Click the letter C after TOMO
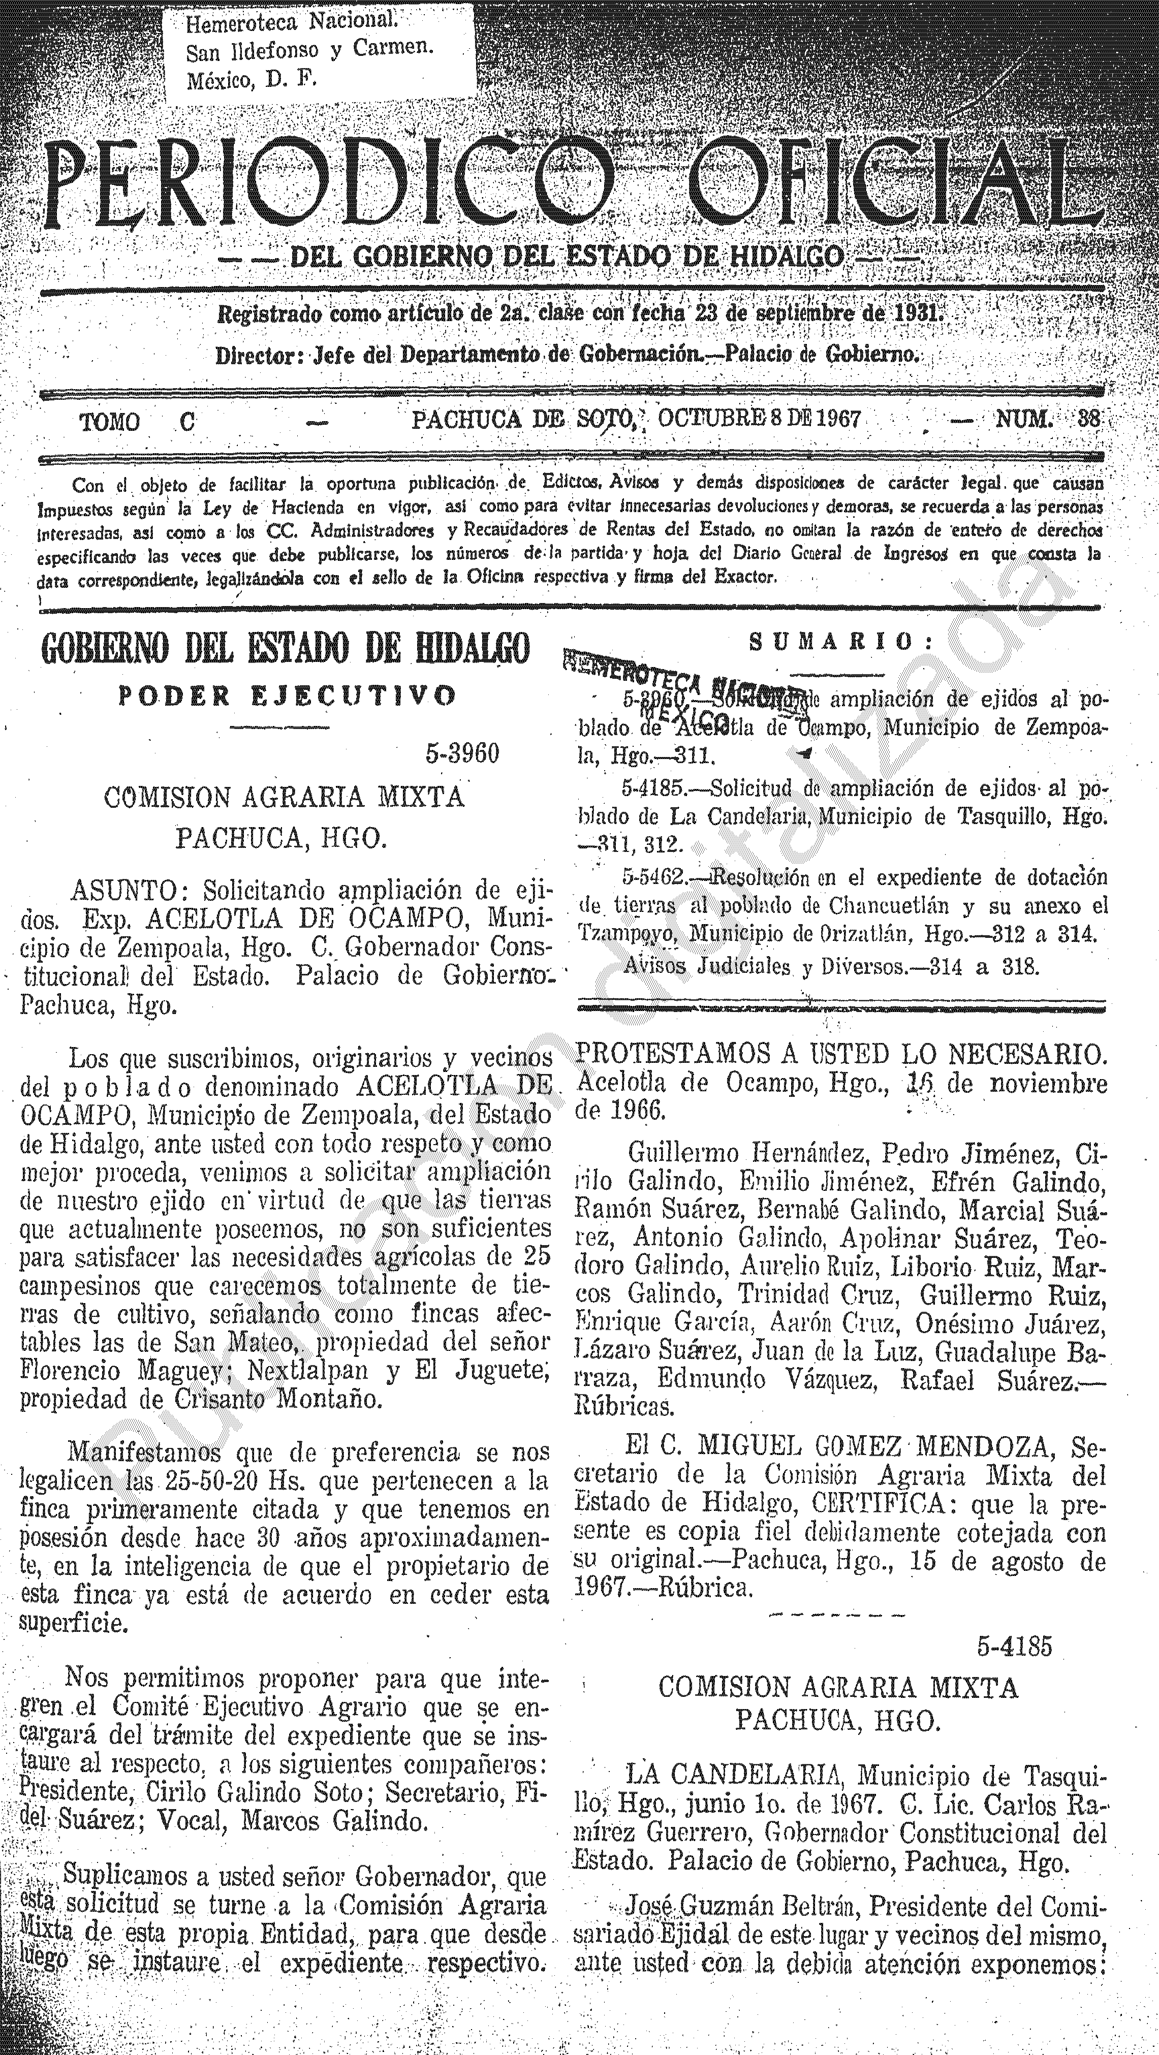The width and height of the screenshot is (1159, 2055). tap(186, 422)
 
